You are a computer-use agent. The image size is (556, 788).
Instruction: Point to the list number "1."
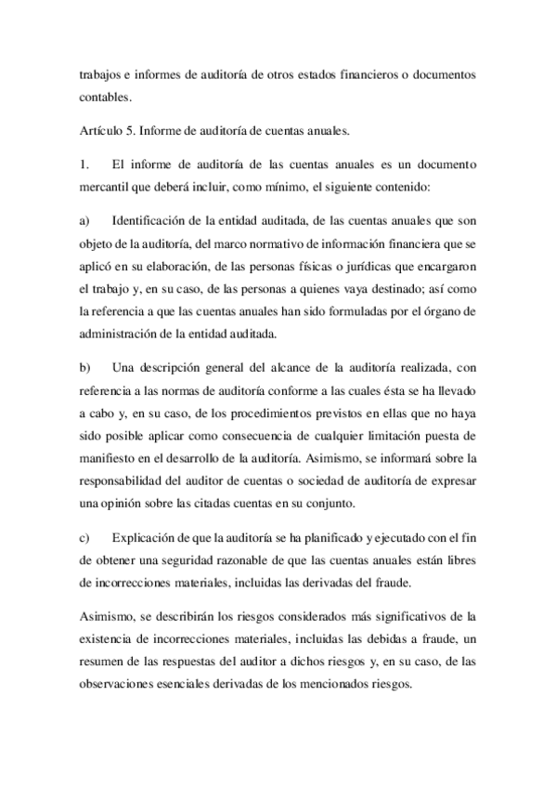pos(85,165)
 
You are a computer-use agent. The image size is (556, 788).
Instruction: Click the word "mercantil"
pos(107,189)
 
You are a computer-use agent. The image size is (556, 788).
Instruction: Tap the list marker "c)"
pos(85,537)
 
